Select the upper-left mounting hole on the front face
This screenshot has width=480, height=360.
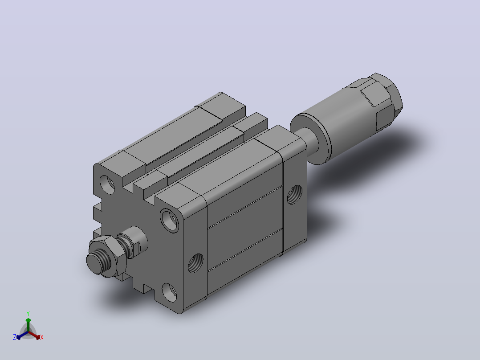pos(107,184)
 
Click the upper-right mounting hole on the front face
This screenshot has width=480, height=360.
pos(170,220)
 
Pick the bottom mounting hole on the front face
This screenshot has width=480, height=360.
pos(169,292)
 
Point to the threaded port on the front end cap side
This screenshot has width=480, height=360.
pos(195,263)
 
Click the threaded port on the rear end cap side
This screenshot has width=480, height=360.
pos(294,195)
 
